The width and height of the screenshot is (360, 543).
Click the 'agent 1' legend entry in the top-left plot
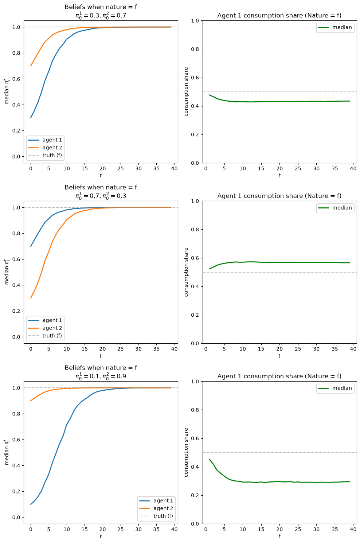45,140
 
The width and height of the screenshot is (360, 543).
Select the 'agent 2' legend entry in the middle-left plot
45,328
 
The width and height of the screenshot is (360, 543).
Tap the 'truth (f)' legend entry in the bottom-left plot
156,516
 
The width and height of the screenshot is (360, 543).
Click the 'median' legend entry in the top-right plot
335,27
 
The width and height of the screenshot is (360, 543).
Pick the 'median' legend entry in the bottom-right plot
335,388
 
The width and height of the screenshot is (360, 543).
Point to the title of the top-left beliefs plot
101,11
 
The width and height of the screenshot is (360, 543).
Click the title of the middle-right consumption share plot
279,196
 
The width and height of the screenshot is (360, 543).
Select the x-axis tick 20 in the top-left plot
102,168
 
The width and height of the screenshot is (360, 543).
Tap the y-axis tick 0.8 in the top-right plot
195,49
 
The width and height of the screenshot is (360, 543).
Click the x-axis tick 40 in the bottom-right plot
353,529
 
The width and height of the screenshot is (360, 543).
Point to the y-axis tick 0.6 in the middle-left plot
16,259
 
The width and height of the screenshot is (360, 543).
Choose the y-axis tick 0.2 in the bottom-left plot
16,491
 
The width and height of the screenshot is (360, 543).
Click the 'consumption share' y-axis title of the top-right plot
186,92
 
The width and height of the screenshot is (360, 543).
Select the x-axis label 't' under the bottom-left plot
101,536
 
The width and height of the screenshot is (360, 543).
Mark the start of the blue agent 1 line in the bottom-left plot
31,504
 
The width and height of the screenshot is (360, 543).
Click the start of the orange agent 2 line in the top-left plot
31,66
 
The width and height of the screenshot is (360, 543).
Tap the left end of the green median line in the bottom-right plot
210,459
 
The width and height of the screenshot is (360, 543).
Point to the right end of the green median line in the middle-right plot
349,262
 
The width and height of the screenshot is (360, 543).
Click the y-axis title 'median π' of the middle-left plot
7,272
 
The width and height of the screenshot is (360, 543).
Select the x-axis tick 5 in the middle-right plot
224,349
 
